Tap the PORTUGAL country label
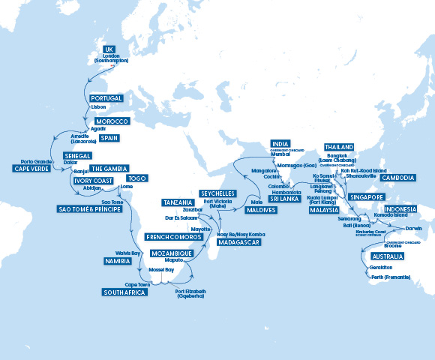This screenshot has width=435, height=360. pyautogui.click(x=106, y=98)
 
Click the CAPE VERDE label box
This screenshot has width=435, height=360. pyautogui.click(x=31, y=169)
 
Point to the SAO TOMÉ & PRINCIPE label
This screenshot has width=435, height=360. pyautogui.click(x=90, y=208)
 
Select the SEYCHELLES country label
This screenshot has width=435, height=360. pyautogui.click(x=218, y=193)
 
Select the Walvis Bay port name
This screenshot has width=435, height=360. pyautogui.click(x=128, y=253)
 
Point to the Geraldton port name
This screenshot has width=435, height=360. pyautogui.click(x=381, y=268)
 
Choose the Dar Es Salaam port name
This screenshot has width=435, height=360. pyautogui.click(x=181, y=217)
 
